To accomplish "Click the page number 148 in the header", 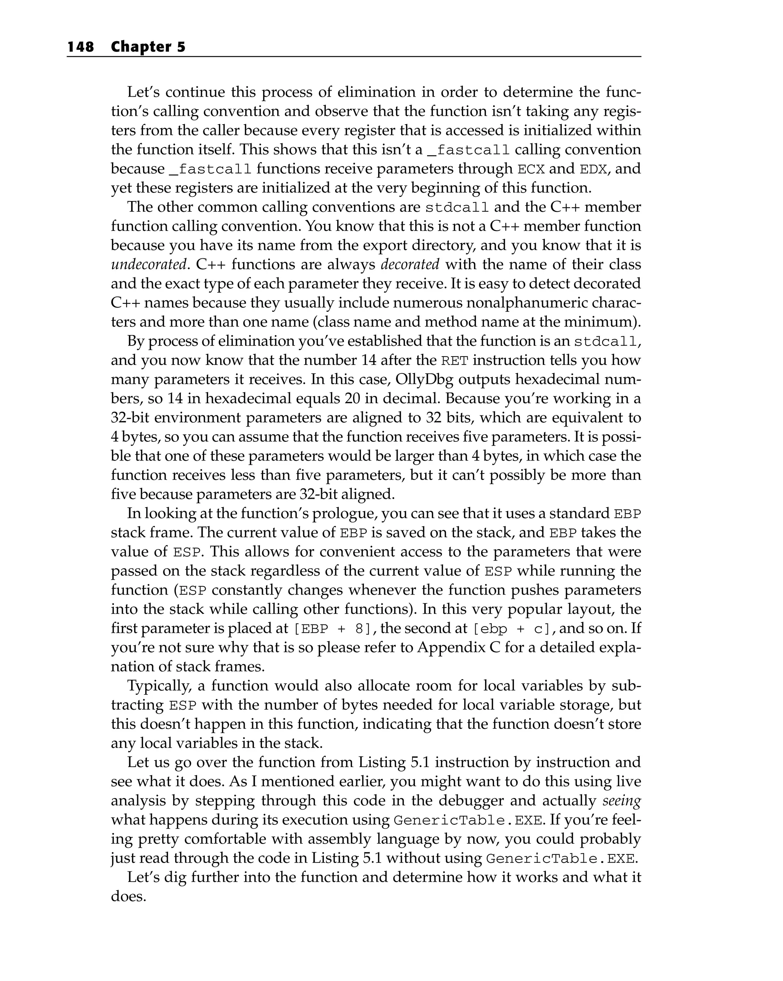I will click(81, 47).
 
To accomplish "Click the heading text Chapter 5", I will click(148, 47).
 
